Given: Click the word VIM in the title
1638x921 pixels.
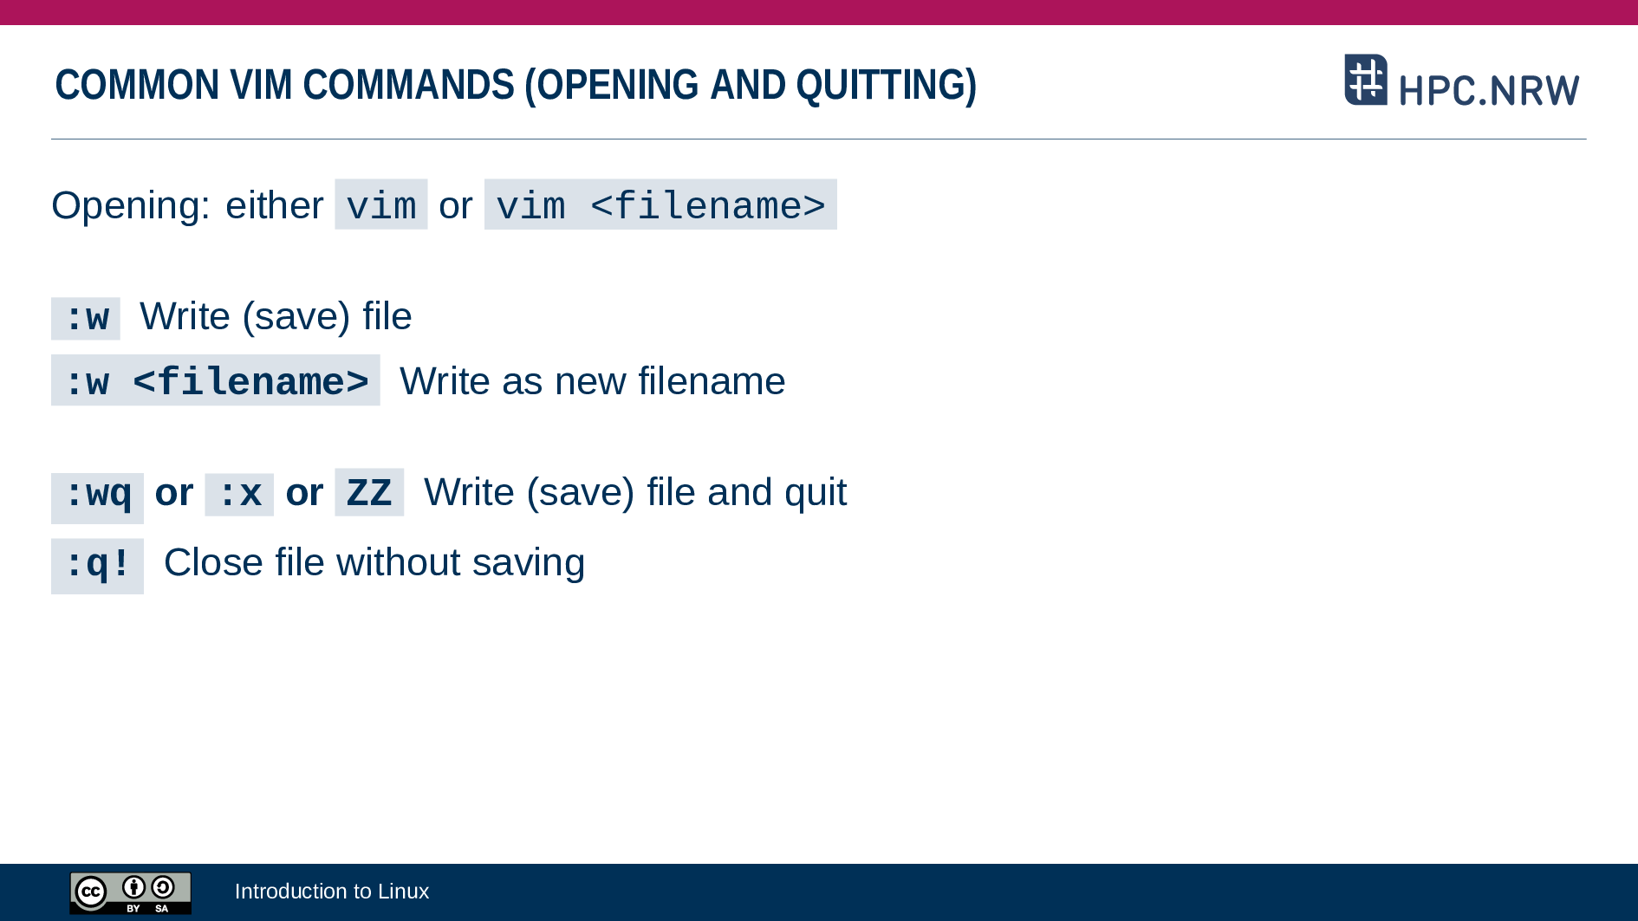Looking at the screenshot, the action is click(262, 85).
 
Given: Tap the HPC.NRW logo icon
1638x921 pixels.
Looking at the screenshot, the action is click(1366, 80).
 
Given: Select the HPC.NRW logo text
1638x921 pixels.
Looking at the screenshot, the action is click(1489, 90).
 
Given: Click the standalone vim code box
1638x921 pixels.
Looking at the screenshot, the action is click(381, 204).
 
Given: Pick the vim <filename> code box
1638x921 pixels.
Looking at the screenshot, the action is click(660, 204).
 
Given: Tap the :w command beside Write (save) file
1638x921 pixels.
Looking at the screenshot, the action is click(86, 318).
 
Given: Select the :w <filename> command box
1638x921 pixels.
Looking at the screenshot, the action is click(216, 380).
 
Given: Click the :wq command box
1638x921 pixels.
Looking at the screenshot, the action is click(97, 497).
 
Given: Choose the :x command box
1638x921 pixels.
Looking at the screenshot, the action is click(239, 494).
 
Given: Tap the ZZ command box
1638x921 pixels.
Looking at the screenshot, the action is click(369, 492).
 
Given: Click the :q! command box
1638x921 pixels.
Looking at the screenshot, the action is click(97, 566).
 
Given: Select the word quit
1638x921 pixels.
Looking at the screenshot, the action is click(816, 493).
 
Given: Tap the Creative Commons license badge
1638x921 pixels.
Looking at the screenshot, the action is click(131, 892).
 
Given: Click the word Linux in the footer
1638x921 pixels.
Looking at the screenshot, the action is click(403, 891).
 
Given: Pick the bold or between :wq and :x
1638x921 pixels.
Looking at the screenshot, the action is click(174, 493).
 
